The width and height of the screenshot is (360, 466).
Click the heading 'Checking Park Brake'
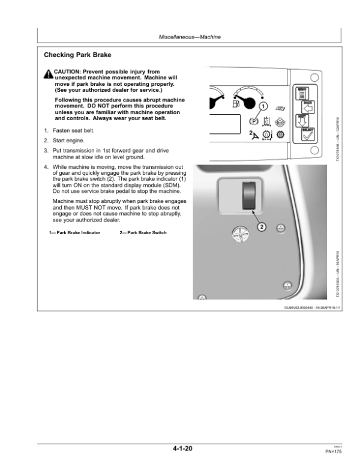click(x=77, y=55)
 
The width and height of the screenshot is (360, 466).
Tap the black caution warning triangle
click(x=48, y=73)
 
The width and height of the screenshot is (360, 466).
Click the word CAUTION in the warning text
click(x=67, y=70)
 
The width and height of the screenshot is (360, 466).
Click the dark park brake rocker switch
click(x=247, y=198)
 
